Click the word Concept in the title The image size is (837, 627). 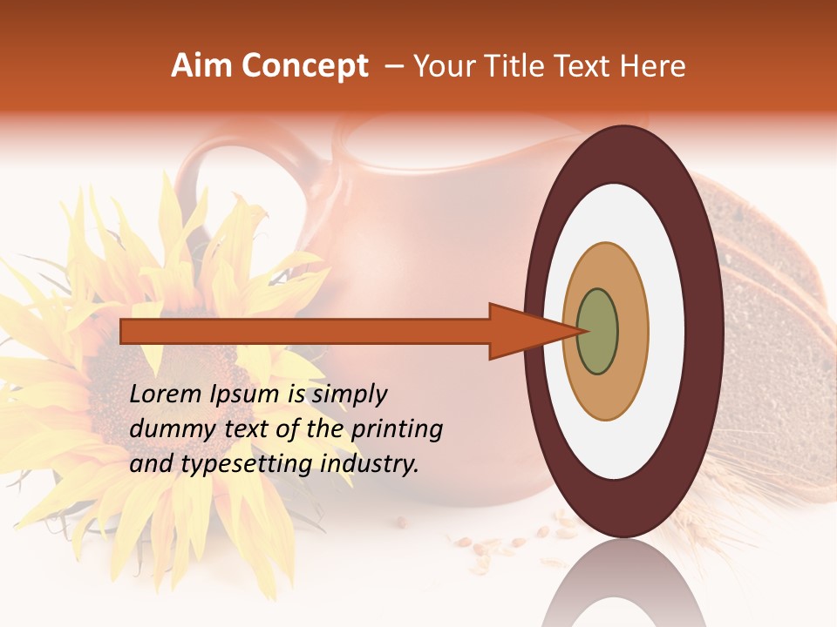click(305, 66)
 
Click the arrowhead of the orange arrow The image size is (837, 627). click(532, 331)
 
